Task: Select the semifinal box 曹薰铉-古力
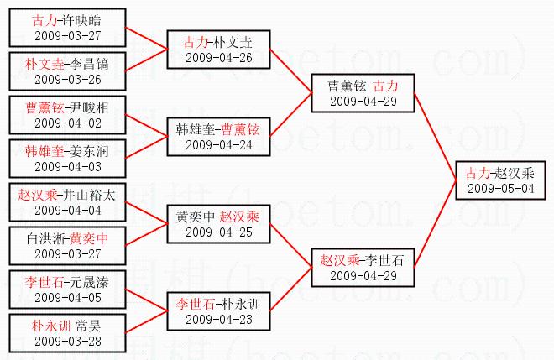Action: [x=363, y=93]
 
